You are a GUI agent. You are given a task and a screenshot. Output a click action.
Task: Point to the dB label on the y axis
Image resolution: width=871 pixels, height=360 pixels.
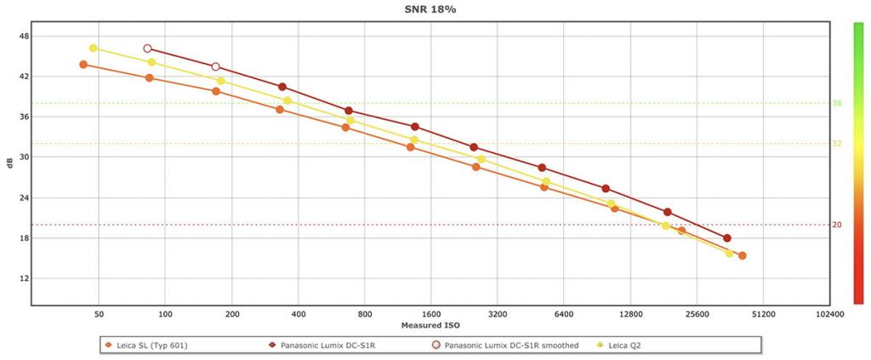tap(9, 162)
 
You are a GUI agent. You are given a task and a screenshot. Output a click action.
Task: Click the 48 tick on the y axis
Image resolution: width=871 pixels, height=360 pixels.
tap(24, 37)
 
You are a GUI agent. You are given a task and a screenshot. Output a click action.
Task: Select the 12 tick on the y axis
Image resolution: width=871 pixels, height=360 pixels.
tap(24, 279)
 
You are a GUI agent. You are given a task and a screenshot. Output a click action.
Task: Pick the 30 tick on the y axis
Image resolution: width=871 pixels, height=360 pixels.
tap(24, 157)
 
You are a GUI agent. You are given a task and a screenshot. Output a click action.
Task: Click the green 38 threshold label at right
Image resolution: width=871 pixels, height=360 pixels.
tap(836, 104)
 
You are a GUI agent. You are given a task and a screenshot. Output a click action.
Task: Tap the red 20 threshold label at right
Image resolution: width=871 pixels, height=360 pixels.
tap(836, 226)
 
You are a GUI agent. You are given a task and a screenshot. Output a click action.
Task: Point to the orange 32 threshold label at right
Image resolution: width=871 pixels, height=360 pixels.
tap(836, 144)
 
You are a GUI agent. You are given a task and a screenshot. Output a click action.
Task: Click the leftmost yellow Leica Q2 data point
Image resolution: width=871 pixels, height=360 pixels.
tap(93, 49)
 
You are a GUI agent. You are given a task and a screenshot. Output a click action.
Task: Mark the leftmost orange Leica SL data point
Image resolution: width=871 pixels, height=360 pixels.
tap(83, 65)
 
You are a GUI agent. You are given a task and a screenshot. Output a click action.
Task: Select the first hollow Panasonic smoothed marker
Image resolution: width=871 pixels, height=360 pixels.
tap(147, 49)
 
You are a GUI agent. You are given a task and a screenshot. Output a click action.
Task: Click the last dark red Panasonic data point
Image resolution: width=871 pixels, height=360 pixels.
tap(726, 238)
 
